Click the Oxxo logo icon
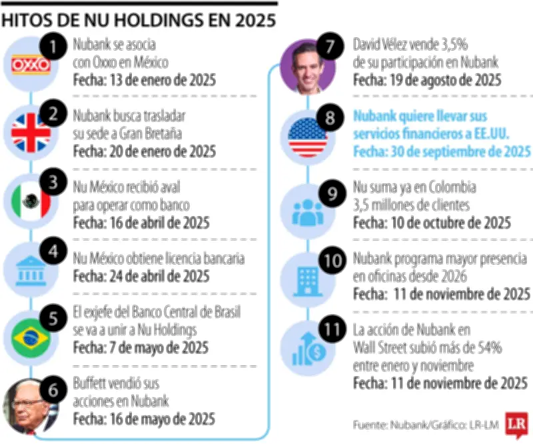(x=31, y=65)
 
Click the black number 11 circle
(x=330, y=329)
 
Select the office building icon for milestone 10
(x=307, y=277)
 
